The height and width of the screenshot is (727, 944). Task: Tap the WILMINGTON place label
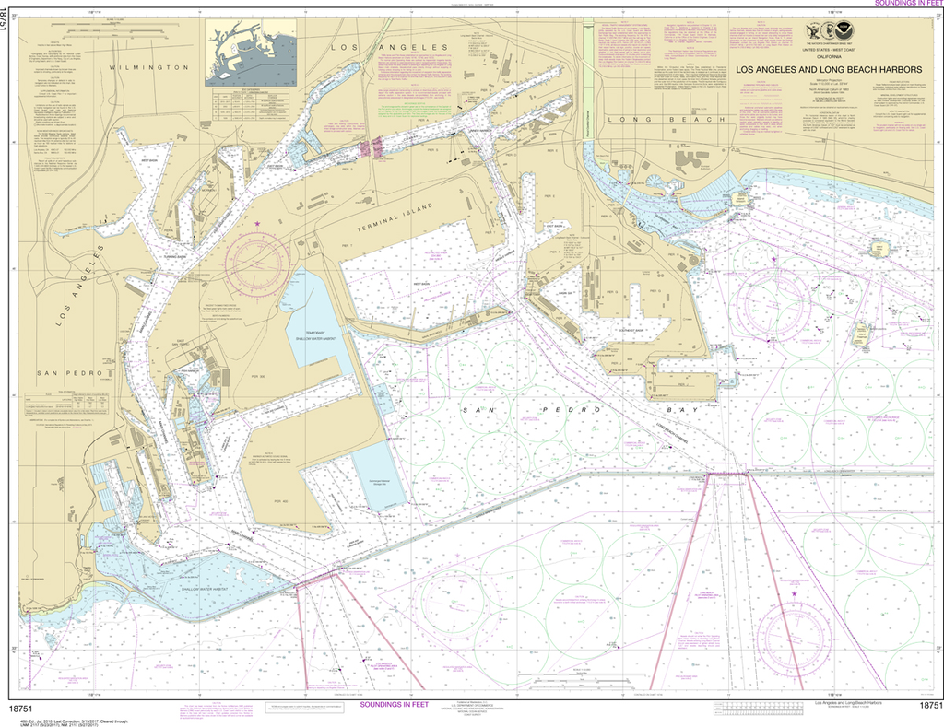click(147, 67)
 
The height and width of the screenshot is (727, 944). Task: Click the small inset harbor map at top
click(251, 54)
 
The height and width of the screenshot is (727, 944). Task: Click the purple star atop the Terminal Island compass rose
click(257, 224)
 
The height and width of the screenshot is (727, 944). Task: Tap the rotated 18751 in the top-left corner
click(7, 23)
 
